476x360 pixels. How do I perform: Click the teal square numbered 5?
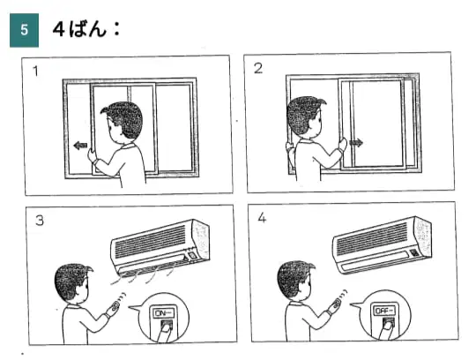25,30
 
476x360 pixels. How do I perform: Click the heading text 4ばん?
80,30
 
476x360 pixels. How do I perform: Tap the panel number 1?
36,71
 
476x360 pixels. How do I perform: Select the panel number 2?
258,68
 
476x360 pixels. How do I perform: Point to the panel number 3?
40,221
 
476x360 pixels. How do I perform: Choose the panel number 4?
262,218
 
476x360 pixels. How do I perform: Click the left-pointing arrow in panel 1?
80,146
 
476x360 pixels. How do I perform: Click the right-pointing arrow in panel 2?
356,142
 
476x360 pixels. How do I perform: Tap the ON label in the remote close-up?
164,312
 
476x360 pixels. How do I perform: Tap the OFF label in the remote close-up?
384,311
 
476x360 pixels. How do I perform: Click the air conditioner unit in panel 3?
160,246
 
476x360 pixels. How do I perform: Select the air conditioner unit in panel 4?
382,244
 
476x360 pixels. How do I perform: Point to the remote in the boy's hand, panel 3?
116,305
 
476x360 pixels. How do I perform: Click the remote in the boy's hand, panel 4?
337,304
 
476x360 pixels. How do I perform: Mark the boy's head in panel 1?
122,123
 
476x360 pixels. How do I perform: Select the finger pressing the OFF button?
385,330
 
